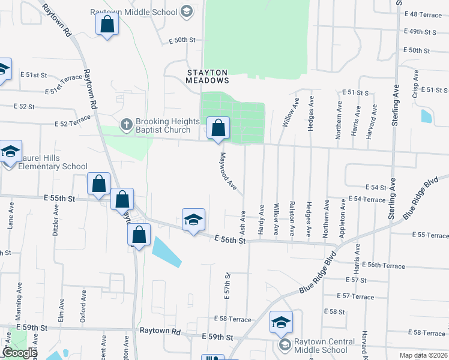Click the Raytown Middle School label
pyautogui.click(x=134, y=12)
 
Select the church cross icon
pyautogui.click(x=126, y=125)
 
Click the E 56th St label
pyautogui.click(x=231, y=239)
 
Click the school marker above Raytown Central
pyautogui.click(x=281, y=324)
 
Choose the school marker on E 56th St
pyautogui.click(x=193, y=220)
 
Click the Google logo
pyautogui.click(x=19, y=353)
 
